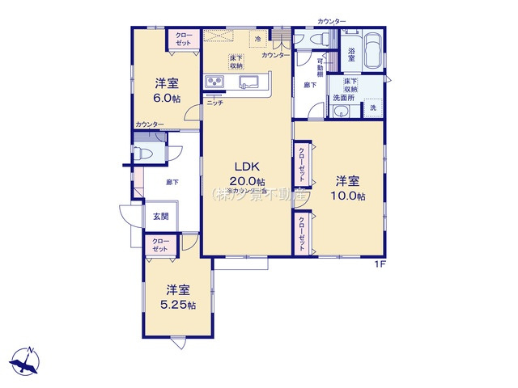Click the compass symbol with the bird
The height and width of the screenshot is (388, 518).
point(25,361)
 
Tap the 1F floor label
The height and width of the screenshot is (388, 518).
point(379,264)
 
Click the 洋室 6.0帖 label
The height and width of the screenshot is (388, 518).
point(167,90)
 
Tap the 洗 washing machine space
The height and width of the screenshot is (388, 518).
point(372,108)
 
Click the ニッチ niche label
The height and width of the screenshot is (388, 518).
point(214,103)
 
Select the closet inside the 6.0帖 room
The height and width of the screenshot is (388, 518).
point(183,39)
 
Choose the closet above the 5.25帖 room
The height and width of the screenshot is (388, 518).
point(161,245)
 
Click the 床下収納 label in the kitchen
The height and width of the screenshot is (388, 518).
point(236,62)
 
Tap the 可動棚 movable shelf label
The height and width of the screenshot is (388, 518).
point(321,65)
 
